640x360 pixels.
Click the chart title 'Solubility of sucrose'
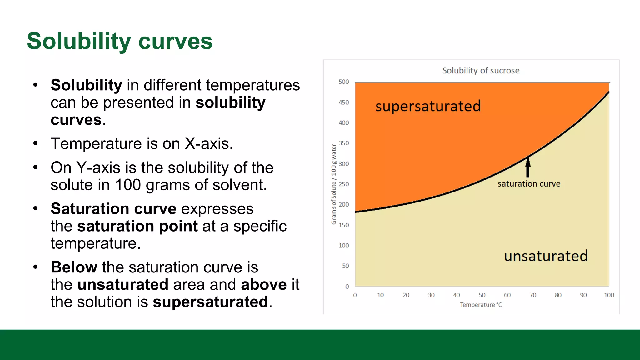tap(481, 71)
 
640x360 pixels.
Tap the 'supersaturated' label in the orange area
tap(428, 106)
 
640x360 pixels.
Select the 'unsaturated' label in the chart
tap(546, 256)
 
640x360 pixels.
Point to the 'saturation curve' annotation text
tap(529, 184)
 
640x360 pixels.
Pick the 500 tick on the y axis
tap(344, 82)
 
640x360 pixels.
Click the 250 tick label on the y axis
tap(344, 184)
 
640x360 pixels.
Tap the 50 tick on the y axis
tap(345, 266)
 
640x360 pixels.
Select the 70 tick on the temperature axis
tap(533, 295)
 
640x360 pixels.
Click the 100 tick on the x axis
tap(609, 295)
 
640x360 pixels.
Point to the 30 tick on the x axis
tap(431, 295)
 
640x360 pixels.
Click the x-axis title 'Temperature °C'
tap(481, 305)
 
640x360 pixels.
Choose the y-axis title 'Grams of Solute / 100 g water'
tap(334, 184)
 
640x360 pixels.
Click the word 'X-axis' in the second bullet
tap(208, 144)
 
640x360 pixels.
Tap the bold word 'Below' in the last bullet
tap(74, 267)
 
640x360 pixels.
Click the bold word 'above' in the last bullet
tap(264, 285)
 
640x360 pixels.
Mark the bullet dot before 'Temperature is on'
tap(36, 144)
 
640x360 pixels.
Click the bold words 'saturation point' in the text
tap(137, 226)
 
